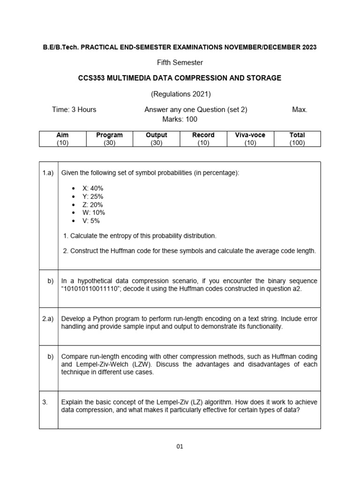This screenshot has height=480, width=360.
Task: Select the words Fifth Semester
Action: coord(180,62)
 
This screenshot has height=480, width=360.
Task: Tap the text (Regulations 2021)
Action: coord(180,94)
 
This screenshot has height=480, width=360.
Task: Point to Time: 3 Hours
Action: coord(74,110)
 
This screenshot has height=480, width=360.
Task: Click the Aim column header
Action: coord(62,135)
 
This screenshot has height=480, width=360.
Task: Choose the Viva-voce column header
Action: coord(250,135)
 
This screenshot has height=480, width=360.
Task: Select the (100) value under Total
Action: coord(297,143)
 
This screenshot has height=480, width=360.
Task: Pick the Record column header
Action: coord(203,135)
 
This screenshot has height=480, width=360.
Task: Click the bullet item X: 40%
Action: coord(93,188)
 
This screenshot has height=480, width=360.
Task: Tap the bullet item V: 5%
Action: coord(91,221)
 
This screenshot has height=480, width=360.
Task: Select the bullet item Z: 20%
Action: coord(92,205)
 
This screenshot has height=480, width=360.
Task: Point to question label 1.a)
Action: coord(48,173)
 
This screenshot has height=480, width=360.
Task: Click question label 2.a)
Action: coord(48,318)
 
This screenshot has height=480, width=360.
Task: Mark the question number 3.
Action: coord(45,402)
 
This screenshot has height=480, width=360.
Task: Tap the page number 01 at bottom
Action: coord(180,446)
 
